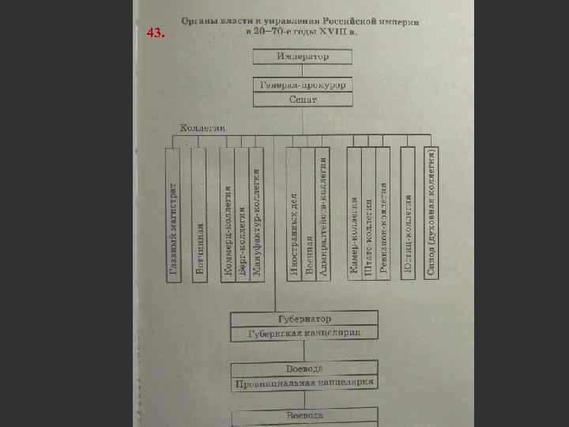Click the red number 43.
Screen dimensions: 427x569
click(156, 34)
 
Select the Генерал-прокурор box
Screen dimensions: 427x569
click(303, 85)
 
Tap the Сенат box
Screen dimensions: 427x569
click(303, 100)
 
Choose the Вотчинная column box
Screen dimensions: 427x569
click(199, 213)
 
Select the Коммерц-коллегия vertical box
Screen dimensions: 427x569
click(228, 213)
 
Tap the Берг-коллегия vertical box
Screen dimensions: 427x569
click(242, 213)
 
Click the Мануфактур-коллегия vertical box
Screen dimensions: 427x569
click(255, 213)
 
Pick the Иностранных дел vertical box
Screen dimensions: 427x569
click(293, 213)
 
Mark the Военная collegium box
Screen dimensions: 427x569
click(307, 213)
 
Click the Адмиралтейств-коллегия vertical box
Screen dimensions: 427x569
click(322, 213)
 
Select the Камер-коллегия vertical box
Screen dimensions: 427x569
click(354, 213)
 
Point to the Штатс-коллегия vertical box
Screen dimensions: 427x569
click(368, 213)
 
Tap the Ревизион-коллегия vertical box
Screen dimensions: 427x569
click(382, 213)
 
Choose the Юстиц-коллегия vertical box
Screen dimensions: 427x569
click(408, 213)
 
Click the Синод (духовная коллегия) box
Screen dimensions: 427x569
click(431, 213)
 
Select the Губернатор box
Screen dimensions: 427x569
click(304, 319)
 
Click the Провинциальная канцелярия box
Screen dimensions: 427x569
click(304, 384)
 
